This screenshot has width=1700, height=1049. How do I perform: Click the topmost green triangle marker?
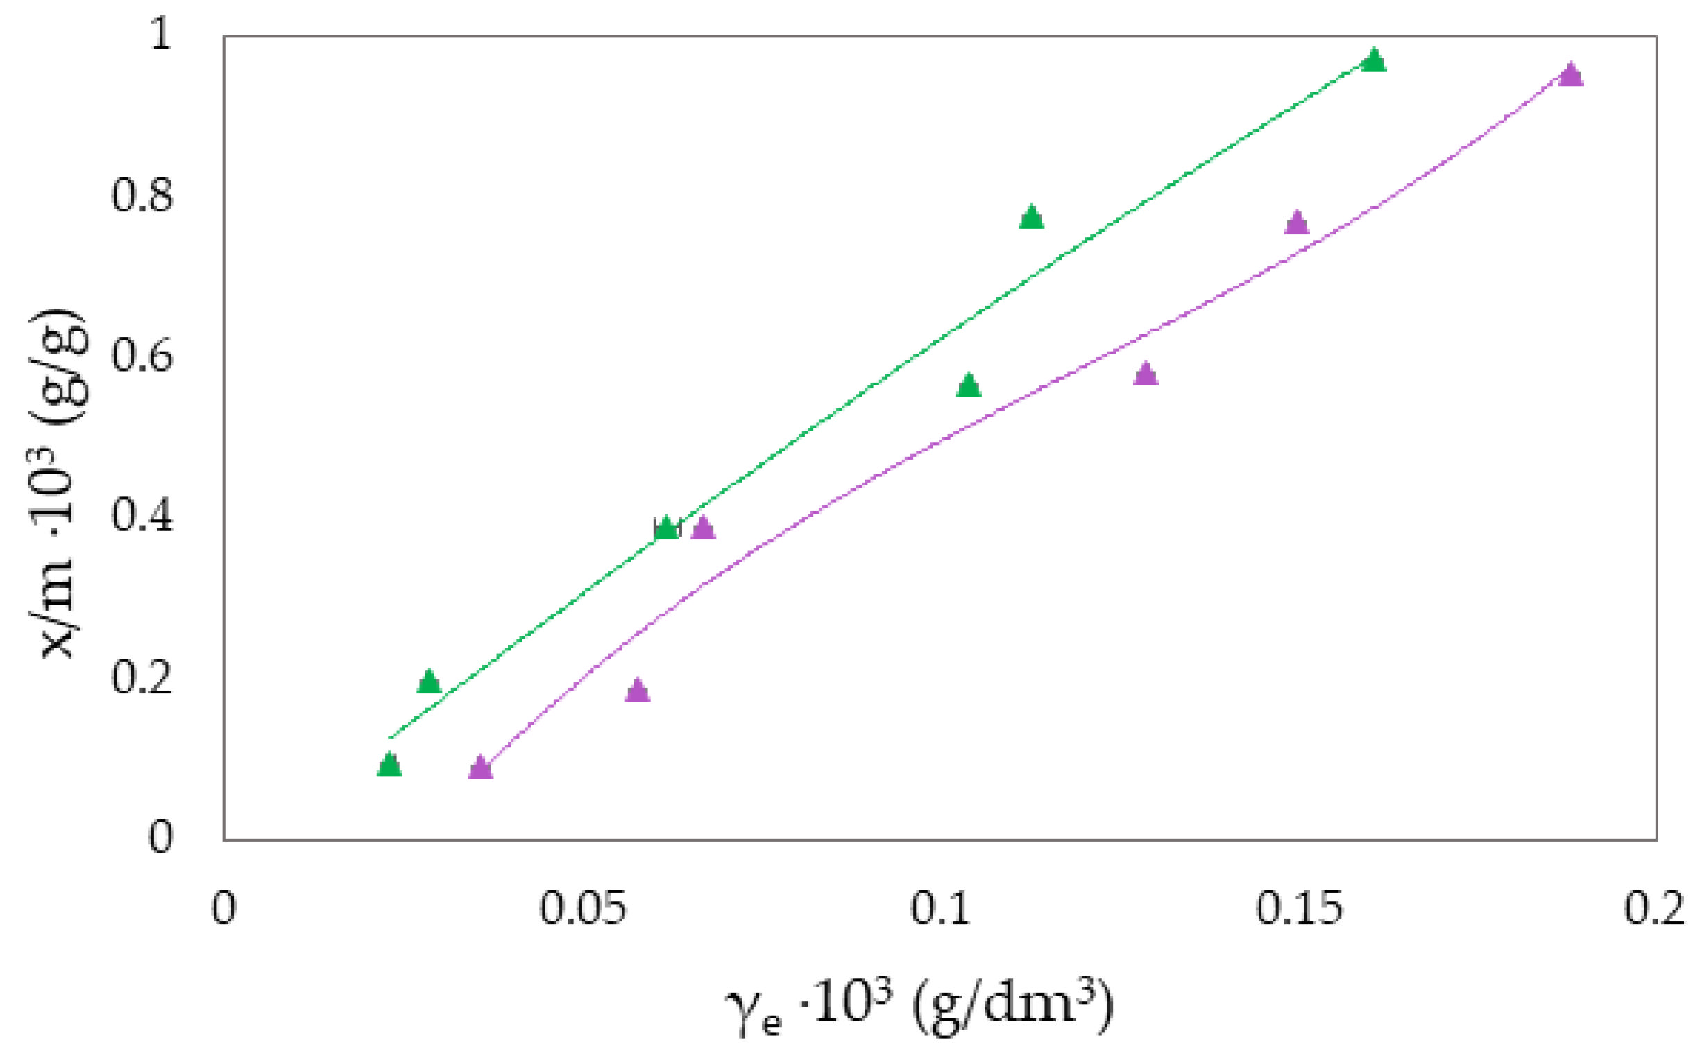pyautogui.click(x=1373, y=62)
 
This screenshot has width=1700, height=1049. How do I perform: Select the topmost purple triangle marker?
pyautogui.click(x=1571, y=76)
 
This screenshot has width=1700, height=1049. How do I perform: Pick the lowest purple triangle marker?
pyautogui.click(x=479, y=769)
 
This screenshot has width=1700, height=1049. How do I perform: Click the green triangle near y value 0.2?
pyautogui.click(x=429, y=683)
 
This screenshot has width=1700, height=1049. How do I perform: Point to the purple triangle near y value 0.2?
pyautogui.click(x=637, y=691)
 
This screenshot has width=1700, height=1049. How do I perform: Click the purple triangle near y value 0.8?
pyautogui.click(x=1297, y=224)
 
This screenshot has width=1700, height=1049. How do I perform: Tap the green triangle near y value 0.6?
pyautogui.click(x=969, y=386)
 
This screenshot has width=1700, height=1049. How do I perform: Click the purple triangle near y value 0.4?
pyautogui.click(x=703, y=530)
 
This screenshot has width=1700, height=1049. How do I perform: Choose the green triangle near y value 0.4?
pyautogui.click(x=666, y=530)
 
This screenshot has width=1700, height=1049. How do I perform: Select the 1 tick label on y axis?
pyautogui.click(x=160, y=33)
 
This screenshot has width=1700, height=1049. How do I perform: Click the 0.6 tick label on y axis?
pyautogui.click(x=142, y=356)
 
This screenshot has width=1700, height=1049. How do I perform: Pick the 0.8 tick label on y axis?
pyautogui.click(x=142, y=195)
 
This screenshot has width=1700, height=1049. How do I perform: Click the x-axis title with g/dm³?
pyautogui.click(x=920, y=1007)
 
